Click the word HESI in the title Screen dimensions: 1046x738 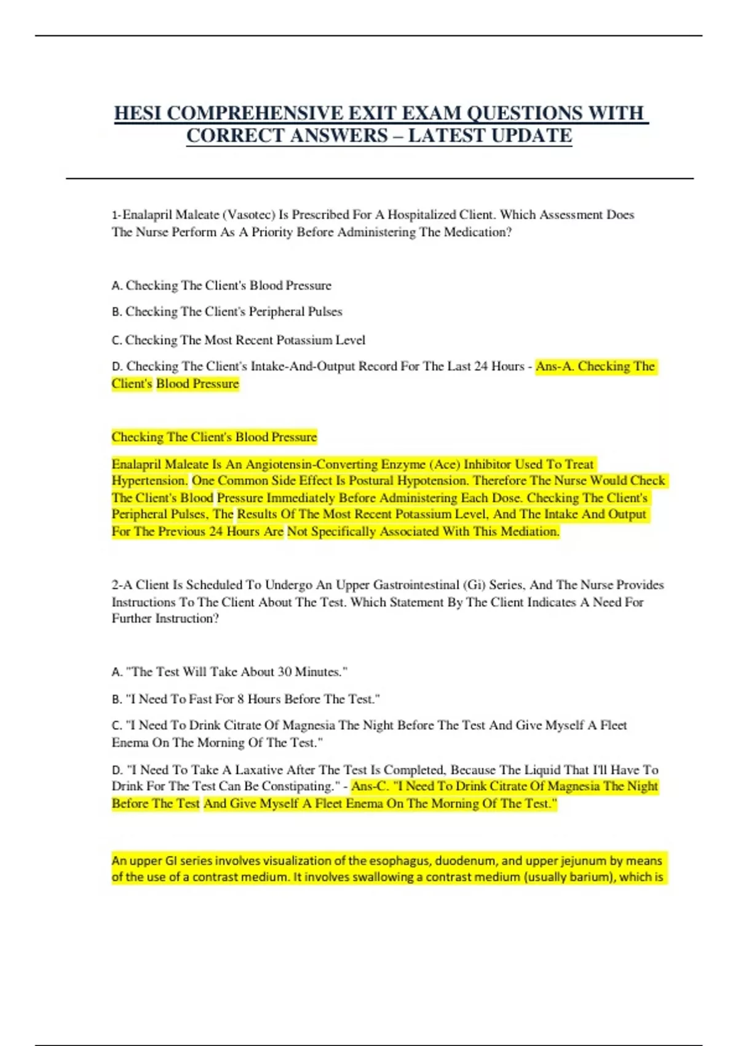[138, 114]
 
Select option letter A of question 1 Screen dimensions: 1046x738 [116, 285]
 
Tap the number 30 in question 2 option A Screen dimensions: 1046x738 [284, 672]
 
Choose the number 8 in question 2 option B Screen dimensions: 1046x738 [240, 699]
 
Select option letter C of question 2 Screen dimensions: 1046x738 [116, 726]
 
